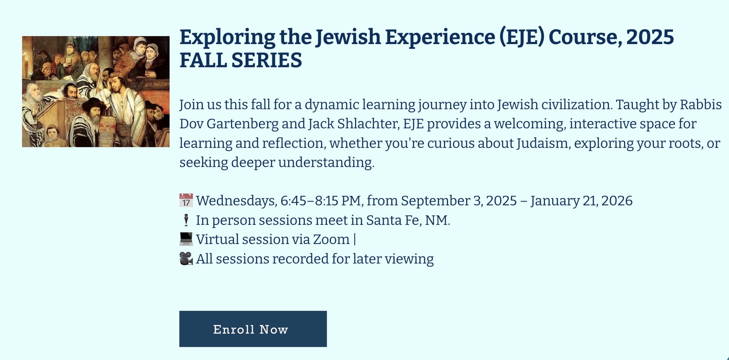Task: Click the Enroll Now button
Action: coord(253,329)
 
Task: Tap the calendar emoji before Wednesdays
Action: coord(186,201)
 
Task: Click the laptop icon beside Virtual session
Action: coord(186,239)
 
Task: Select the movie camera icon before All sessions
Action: coord(186,259)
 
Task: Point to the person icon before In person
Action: coord(186,220)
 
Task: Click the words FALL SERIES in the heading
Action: coord(241,60)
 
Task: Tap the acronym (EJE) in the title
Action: coord(522,37)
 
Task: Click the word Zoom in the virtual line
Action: coord(331,239)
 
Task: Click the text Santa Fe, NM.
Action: coord(408,220)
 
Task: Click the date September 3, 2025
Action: coord(459,201)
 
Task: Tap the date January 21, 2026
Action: coord(581,201)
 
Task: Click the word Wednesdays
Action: coord(237,201)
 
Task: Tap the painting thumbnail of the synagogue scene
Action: coord(96,91)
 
